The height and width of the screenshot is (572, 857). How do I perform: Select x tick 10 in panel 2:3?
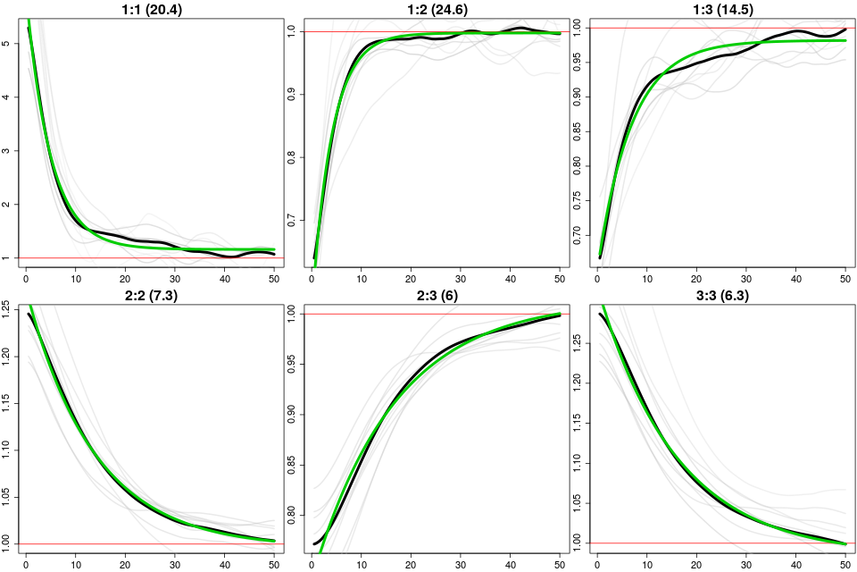(x=361, y=564)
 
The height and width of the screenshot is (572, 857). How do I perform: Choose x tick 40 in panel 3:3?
(x=795, y=564)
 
